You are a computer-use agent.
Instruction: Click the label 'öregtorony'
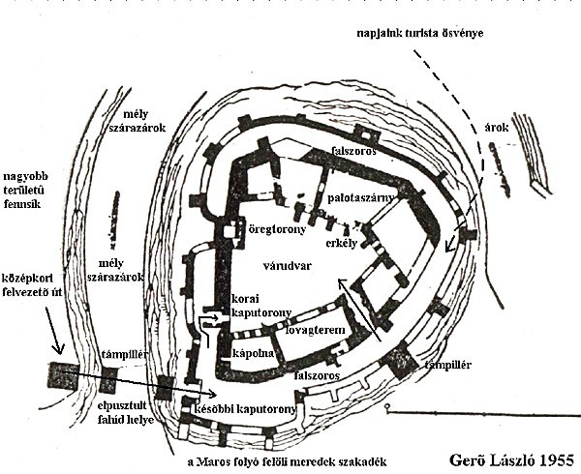coord(275,230)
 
